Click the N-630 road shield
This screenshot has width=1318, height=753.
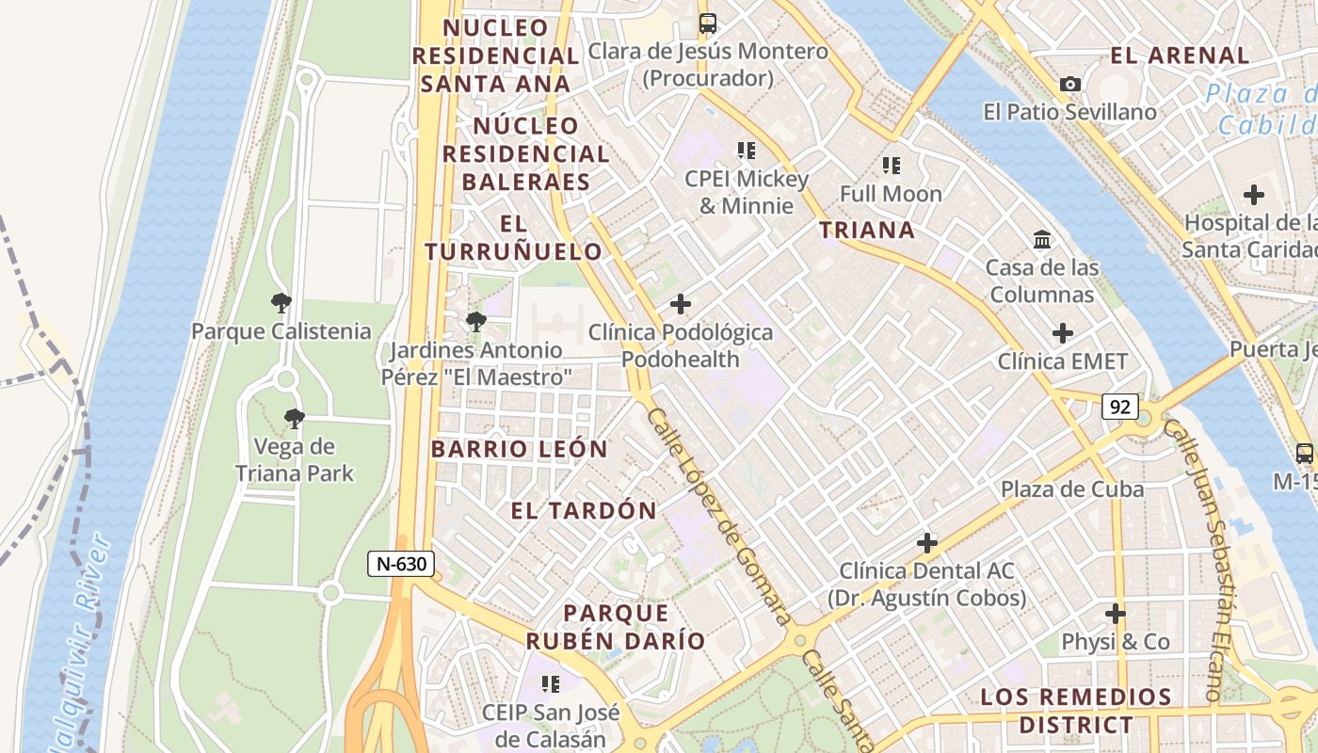pyautogui.click(x=401, y=564)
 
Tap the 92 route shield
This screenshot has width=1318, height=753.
pyautogui.click(x=1120, y=408)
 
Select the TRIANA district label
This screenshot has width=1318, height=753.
pyautogui.click(x=866, y=230)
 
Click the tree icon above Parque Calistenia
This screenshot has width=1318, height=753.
pyautogui.click(x=281, y=303)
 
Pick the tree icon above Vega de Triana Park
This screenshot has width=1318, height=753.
pyautogui.click(x=294, y=419)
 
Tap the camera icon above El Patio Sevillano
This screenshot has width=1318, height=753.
pyautogui.click(x=1069, y=85)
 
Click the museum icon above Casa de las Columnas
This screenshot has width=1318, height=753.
pyautogui.click(x=1042, y=240)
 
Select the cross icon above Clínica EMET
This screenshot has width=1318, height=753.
pyautogui.click(x=1063, y=333)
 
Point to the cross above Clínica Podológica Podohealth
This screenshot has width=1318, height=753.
pyautogui.click(x=680, y=304)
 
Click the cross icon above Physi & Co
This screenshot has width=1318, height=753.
pyautogui.click(x=1116, y=615)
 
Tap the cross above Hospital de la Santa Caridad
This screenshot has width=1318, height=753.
pyautogui.click(x=1253, y=196)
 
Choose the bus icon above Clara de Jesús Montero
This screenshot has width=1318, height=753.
pyautogui.click(x=708, y=24)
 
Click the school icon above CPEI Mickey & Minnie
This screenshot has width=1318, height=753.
pyautogui.click(x=747, y=151)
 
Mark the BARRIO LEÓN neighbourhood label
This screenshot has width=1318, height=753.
pyautogui.click(x=520, y=449)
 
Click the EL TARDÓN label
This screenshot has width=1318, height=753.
pyautogui.click(x=584, y=511)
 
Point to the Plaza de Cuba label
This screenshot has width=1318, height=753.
pyautogui.click(x=1072, y=489)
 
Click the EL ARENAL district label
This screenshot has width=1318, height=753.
pyautogui.click(x=1180, y=56)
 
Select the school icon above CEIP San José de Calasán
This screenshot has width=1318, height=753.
pyautogui.click(x=551, y=683)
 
